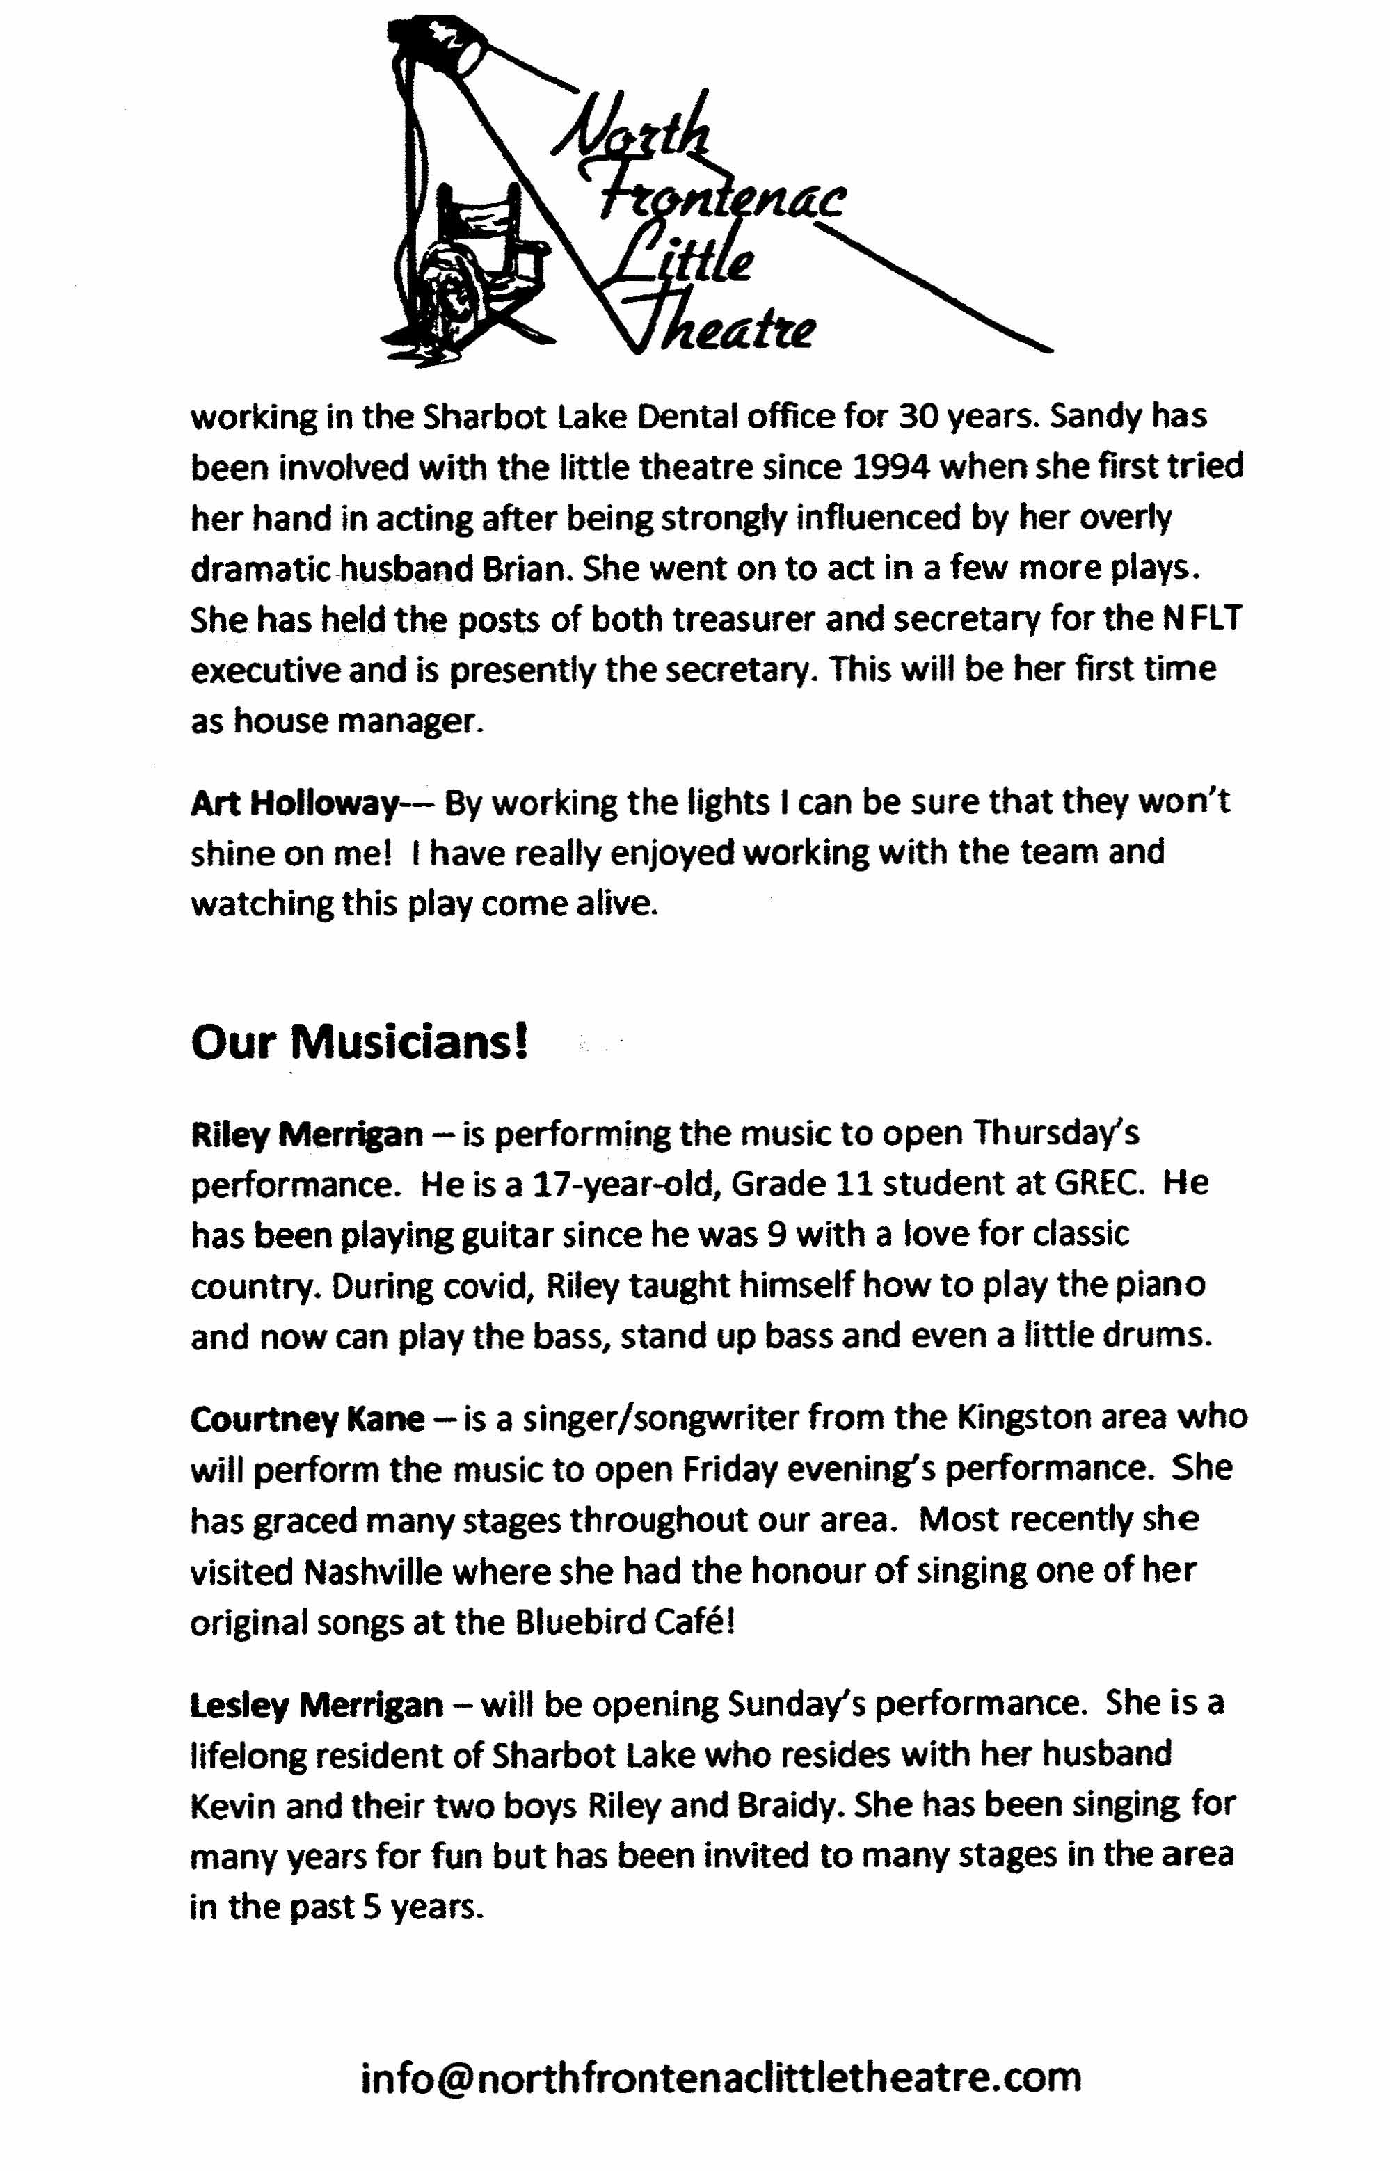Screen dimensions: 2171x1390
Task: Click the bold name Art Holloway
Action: [x=295, y=802]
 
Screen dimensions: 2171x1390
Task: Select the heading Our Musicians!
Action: [x=359, y=1042]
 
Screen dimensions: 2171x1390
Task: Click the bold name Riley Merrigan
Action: [x=307, y=1133]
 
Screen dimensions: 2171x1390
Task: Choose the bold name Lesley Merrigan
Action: [x=317, y=1704]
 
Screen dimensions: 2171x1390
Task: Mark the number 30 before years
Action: [x=920, y=416]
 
